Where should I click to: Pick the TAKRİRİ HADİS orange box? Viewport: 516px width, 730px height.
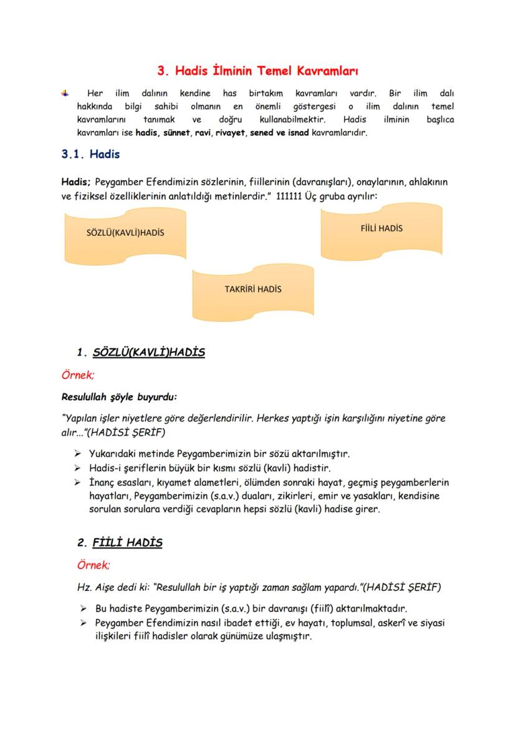(253, 289)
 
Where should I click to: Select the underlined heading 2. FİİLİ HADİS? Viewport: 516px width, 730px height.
(120, 542)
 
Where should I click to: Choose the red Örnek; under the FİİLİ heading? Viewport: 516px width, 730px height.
(93, 565)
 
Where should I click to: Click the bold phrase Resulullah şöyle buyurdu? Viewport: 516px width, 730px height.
(119, 396)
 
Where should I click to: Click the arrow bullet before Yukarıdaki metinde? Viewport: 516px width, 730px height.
(78, 454)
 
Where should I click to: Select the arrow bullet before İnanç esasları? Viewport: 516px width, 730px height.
(78, 483)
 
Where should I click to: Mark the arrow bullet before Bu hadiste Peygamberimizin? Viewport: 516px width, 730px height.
(83, 608)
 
